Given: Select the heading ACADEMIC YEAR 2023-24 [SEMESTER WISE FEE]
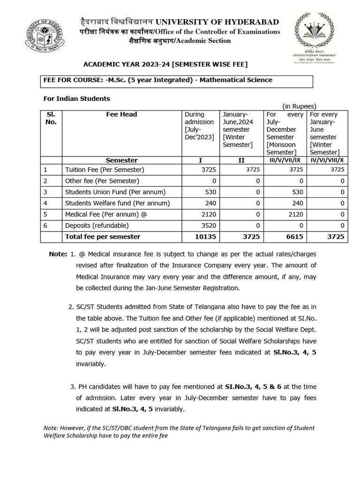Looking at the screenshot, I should pos(165,64).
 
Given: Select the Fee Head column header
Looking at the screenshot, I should pos(121,114).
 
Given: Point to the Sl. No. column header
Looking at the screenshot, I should pos(51,118).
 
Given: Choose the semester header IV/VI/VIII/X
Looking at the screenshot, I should pos(327,160).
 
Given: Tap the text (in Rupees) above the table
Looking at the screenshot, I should pos(299,106).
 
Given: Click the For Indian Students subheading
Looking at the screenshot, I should pos(76,98).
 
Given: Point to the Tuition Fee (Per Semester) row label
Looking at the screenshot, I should pos(105,170).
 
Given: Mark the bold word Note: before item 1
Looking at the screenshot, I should pos(58,254).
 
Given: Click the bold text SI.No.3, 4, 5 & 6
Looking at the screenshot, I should pos(257,386).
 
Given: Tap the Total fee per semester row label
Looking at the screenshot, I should pos(103,237).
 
